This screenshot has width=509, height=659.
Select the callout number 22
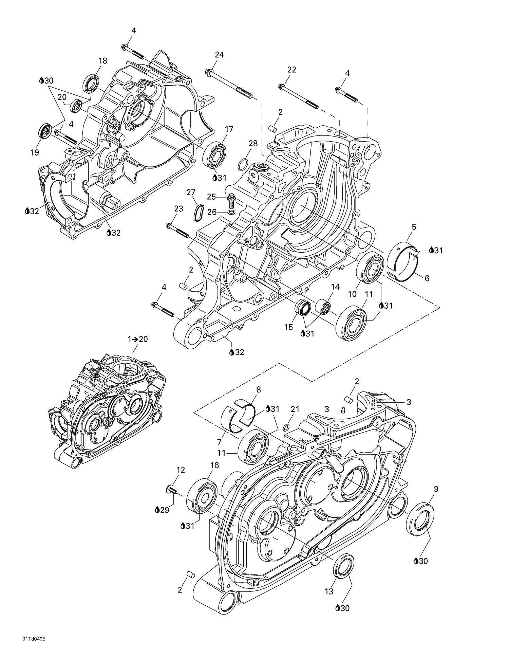(291, 70)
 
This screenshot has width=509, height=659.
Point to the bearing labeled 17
(214, 155)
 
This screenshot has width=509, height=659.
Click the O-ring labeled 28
(242, 164)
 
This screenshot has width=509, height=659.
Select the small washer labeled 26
(231, 213)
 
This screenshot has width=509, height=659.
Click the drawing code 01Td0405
(34, 648)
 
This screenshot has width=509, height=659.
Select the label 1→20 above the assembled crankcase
(137, 339)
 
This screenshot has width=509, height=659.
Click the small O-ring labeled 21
(286, 427)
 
